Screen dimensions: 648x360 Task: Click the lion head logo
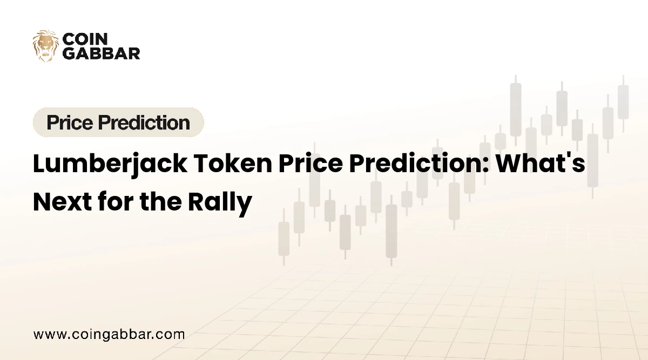click(46, 46)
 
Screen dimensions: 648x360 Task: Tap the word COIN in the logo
click(85, 39)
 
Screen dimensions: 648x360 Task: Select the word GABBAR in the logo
click(102, 53)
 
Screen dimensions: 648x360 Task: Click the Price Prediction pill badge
click(118, 122)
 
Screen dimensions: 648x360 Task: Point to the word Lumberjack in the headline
click(110, 164)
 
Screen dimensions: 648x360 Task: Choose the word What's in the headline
click(541, 164)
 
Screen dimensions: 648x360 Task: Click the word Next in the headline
click(63, 201)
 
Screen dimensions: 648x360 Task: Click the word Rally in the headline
click(220, 203)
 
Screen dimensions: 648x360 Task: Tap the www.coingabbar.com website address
click(109, 335)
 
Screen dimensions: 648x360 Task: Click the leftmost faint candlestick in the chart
click(284, 237)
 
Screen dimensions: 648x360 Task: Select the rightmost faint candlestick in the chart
click(623, 104)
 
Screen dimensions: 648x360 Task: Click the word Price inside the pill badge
click(70, 123)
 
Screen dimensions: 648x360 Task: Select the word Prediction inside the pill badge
click(144, 123)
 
